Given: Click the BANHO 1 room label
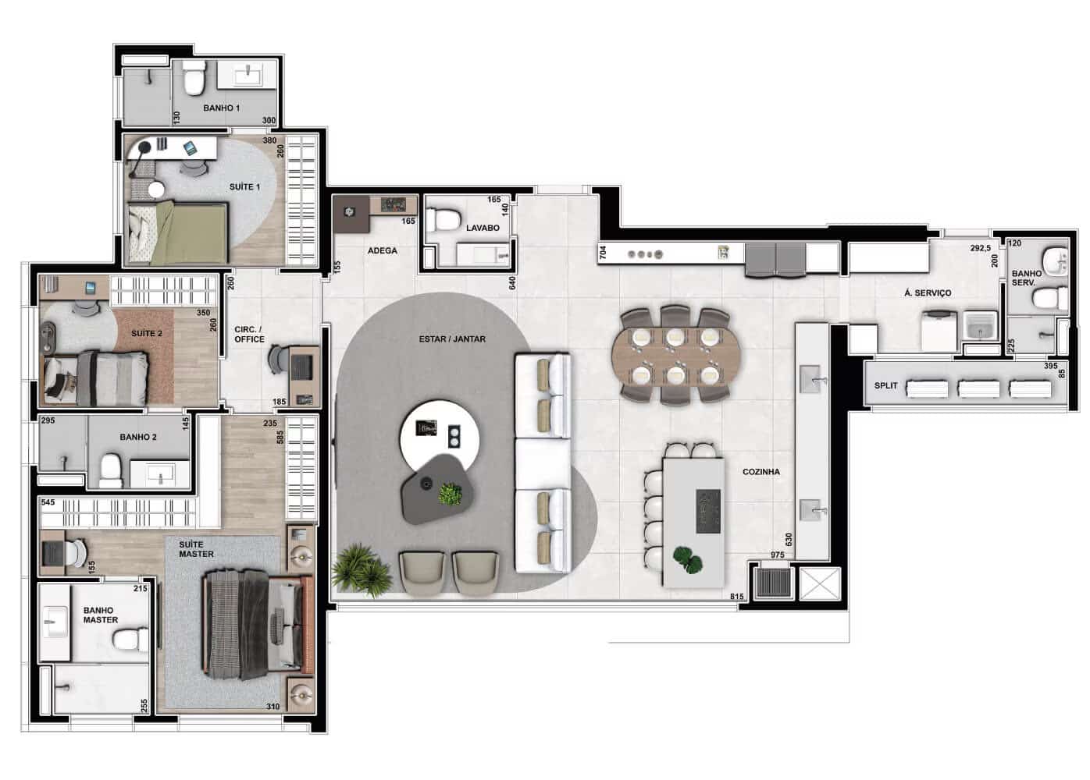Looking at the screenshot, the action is point(222,108).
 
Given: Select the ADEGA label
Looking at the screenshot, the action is point(383,250).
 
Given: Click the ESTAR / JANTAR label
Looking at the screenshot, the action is point(452,339).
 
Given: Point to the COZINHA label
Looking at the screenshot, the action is point(761,472).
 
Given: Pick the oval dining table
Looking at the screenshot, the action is point(676,355).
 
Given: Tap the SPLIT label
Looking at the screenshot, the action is point(885,385).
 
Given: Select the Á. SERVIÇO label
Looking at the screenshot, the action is point(928,293).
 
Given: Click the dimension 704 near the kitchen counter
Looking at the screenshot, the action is point(604,252).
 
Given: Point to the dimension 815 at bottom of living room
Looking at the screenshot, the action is point(737,597).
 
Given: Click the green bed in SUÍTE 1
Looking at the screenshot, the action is point(178,232).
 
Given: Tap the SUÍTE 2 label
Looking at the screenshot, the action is point(147,333).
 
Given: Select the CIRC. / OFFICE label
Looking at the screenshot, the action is point(249,335).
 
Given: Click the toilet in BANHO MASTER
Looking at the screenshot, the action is point(130,639).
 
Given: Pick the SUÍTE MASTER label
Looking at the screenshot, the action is point(196,549).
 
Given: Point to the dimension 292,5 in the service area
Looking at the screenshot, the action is point(980,248).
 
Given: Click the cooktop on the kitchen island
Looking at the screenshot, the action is point(708,511).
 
